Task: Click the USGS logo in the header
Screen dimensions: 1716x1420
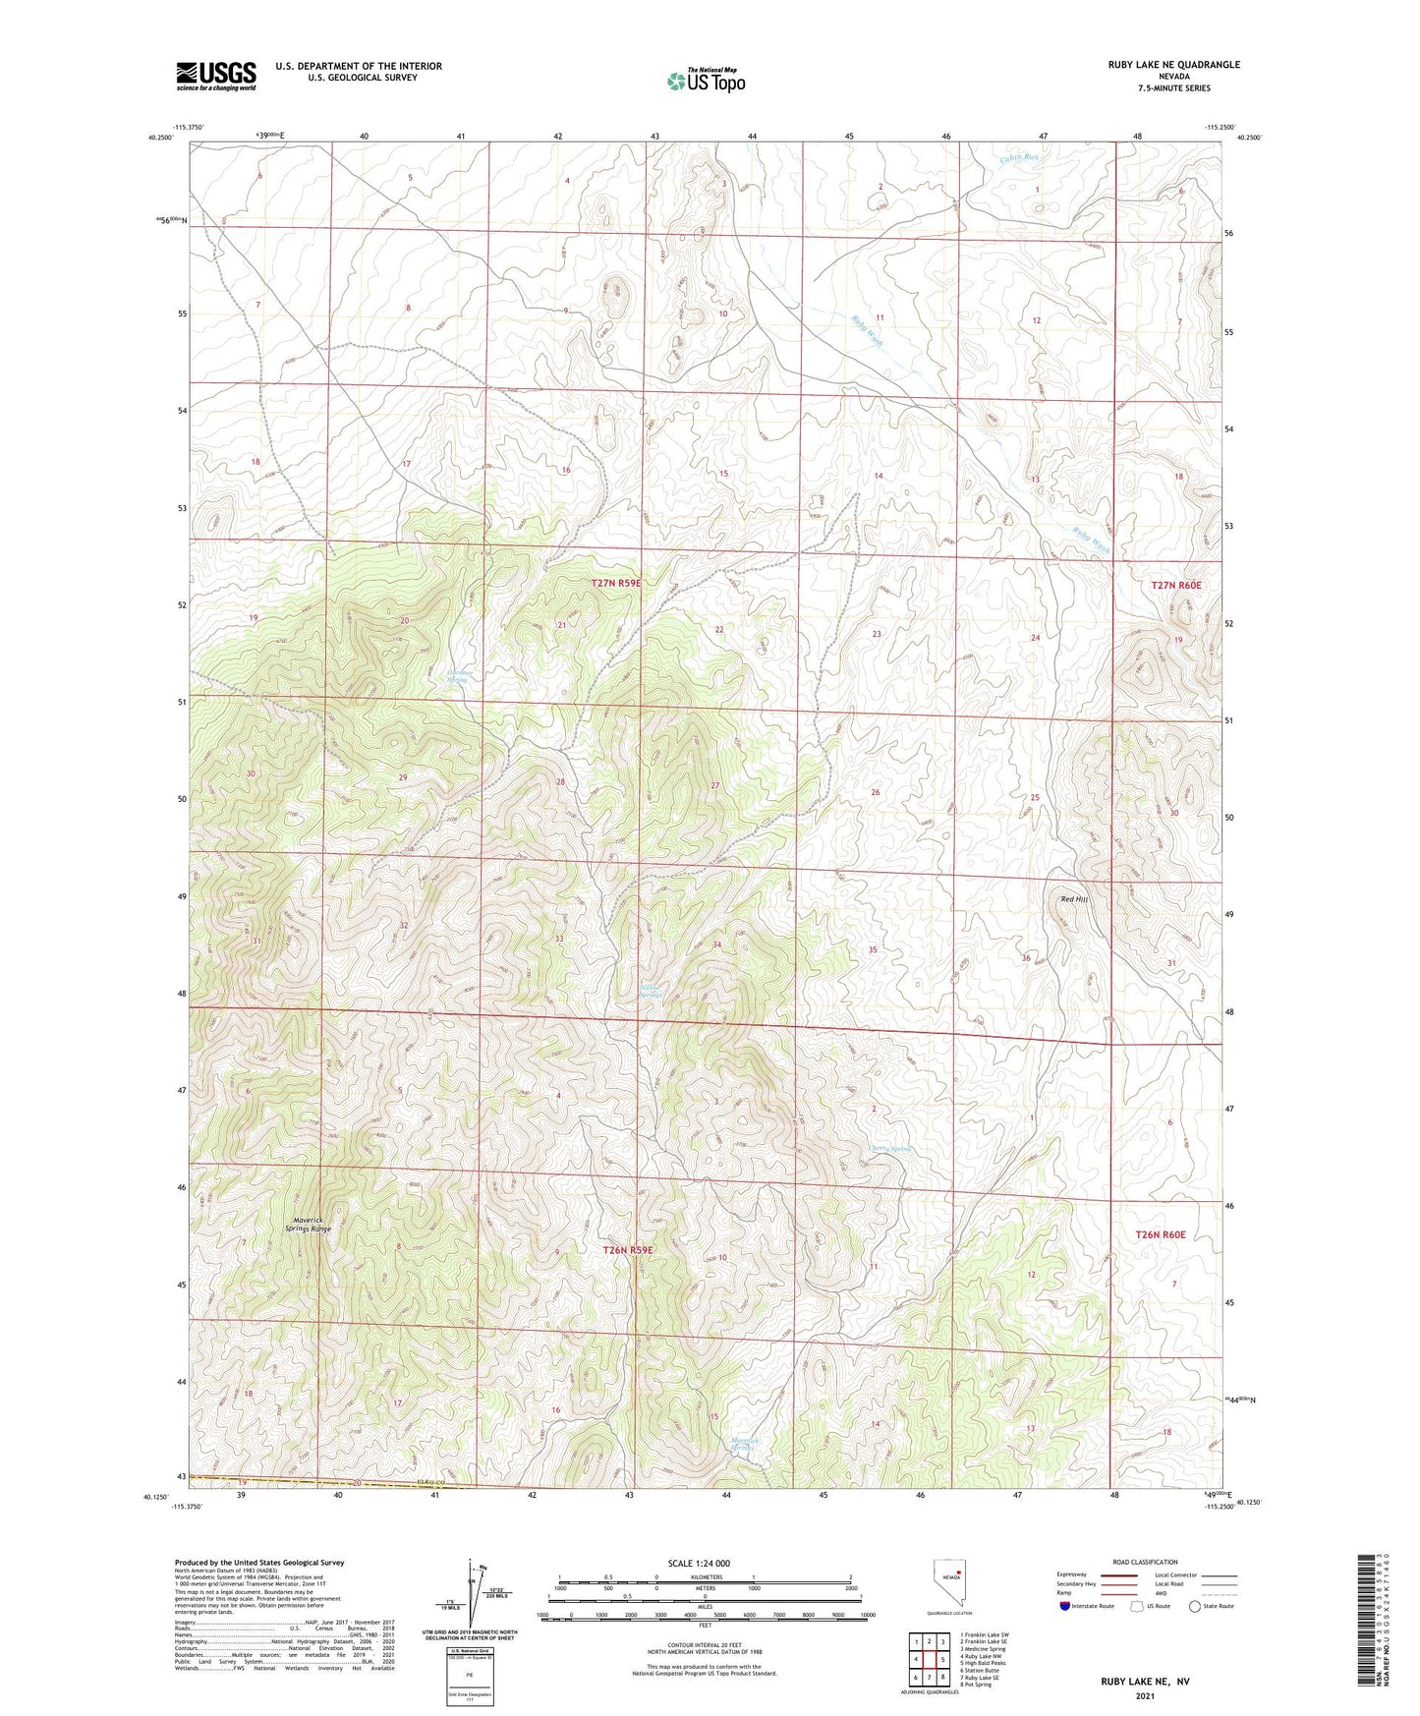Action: [x=216, y=76]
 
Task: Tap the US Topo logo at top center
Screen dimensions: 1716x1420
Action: [x=706, y=81]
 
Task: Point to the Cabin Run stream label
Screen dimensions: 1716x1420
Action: [x=1018, y=157]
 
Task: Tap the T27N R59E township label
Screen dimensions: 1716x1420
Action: [x=616, y=583]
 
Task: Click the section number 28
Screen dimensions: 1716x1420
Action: [x=561, y=782]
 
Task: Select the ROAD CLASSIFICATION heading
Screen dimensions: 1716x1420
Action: [x=1145, y=1562]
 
